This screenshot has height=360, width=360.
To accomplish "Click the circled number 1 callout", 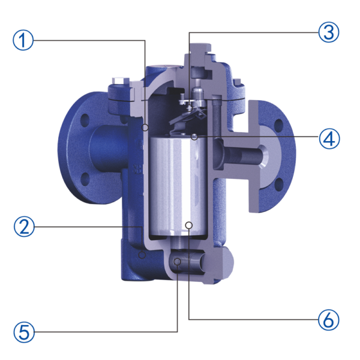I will pyautogui.click(x=23, y=41).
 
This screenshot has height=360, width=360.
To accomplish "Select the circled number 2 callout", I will pyautogui.click(x=23, y=227).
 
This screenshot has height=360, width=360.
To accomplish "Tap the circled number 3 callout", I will pyautogui.click(x=328, y=32).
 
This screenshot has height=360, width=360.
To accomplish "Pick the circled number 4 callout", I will pyautogui.click(x=328, y=139).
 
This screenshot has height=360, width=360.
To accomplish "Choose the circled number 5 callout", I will pyautogui.click(x=23, y=331).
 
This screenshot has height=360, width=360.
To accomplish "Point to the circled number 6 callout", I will pyautogui.click(x=328, y=319).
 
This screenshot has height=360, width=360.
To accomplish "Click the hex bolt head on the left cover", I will pyautogui.click(x=120, y=83).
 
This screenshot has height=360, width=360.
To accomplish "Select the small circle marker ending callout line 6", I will pyautogui.click(x=188, y=226).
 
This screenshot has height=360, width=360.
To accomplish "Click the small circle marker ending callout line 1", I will pyautogui.click(x=145, y=128).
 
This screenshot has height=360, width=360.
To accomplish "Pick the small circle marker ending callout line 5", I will pyautogui.click(x=178, y=262).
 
